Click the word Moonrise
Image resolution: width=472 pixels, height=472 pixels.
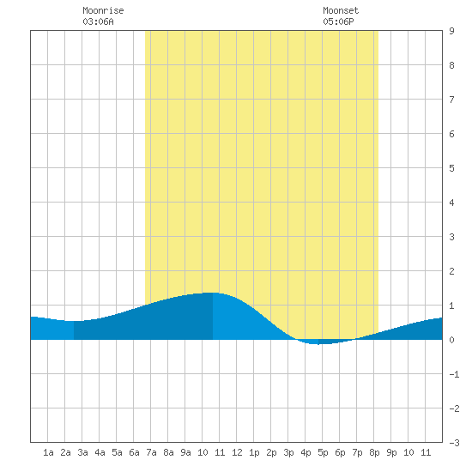click(x=103, y=10)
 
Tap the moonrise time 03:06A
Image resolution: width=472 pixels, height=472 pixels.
click(x=98, y=21)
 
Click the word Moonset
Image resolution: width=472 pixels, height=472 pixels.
click(x=341, y=10)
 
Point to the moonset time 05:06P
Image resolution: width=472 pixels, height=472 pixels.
click(x=338, y=21)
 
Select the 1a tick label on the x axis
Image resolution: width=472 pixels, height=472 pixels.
click(x=48, y=452)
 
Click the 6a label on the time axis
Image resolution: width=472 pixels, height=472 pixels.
click(x=134, y=452)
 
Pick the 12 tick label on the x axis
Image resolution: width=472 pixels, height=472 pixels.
click(x=237, y=452)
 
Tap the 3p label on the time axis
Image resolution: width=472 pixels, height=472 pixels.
click(x=288, y=452)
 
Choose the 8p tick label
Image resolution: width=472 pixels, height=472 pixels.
click(x=374, y=452)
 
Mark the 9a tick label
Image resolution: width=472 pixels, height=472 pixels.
click(x=185, y=452)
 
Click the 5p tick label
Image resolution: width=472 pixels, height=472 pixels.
click(x=323, y=452)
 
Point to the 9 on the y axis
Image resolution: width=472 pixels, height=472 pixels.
click(x=451, y=31)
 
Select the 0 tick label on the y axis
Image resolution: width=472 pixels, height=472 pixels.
click(x=451, y=340)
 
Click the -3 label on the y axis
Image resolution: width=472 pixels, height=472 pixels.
click(x=454, y=443)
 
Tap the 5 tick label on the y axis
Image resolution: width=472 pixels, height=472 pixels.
click(x=451, y=168)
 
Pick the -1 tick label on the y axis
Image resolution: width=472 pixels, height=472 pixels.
click(x=454, y=374)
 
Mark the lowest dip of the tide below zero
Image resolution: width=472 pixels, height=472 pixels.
click(x=318, y=344)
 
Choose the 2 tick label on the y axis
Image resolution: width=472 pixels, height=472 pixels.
click(x=451, y=271)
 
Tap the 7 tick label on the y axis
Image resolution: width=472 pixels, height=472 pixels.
click(x=451, y=100)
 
